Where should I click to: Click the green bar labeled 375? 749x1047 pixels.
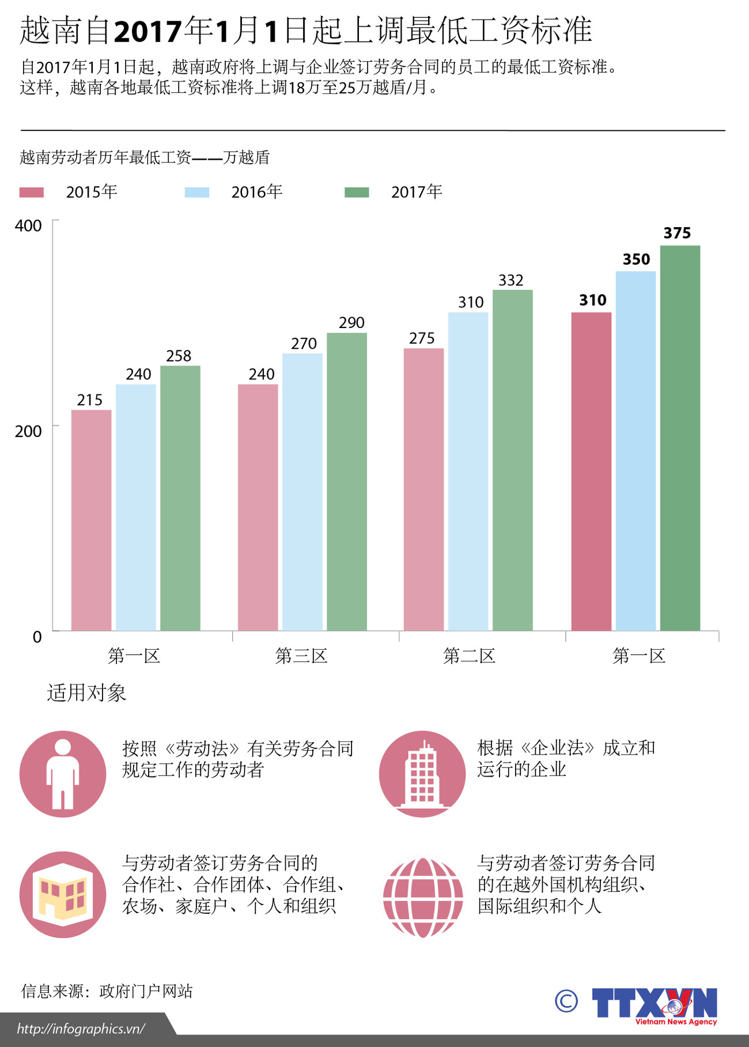click(x=680, y=438)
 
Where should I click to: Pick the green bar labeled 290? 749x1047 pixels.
click(x=346, y=481)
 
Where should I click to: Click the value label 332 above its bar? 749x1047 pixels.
click(x=510, y=280)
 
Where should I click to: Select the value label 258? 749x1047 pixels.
click(x=179, y=356)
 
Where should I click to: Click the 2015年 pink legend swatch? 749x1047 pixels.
click(x=32, y=193)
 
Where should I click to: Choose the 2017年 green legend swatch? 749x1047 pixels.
click(x=357, y=193)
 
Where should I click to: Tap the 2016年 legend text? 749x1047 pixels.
click(x=256, y=192)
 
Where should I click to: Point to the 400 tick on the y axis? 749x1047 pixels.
click(x=28, y=225)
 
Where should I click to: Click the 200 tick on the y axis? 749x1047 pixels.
click(x=28, y=431)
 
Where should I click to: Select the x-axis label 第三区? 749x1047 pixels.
click(x=301, y=656)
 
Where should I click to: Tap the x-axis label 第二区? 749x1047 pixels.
click(x=469, y=656)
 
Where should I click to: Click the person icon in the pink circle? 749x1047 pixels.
click(x=63, y=774)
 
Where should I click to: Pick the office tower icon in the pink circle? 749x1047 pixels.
click(x=422, y=774)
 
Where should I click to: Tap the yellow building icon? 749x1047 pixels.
click(x=63, y=895)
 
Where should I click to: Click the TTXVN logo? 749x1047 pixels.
click(x=655, y=1005)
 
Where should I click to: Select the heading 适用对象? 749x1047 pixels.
click(x=86, y=692)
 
